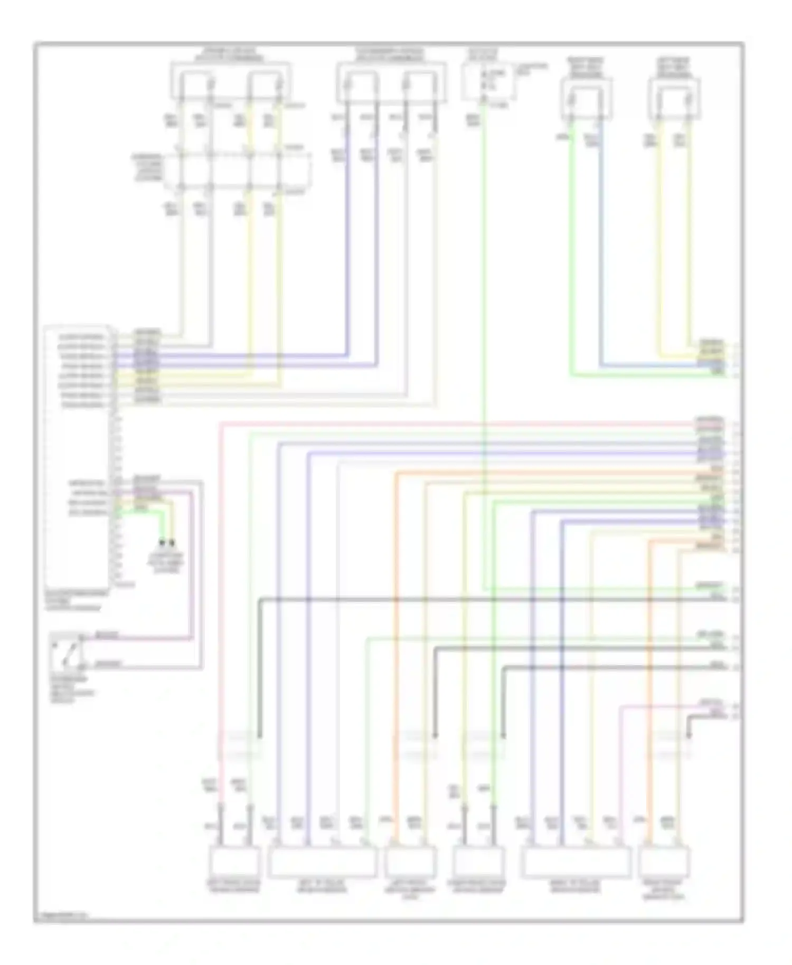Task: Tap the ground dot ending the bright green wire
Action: pos(162,542)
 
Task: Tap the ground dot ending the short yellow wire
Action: pos(172,542)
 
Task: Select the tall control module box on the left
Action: pos(78,457)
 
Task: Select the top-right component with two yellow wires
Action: pos(674,99)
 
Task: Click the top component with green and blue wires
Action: pos(586,99)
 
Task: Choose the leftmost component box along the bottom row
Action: pos(235,860)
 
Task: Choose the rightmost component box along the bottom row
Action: pos(664,860)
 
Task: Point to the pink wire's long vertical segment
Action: pos(221,607)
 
